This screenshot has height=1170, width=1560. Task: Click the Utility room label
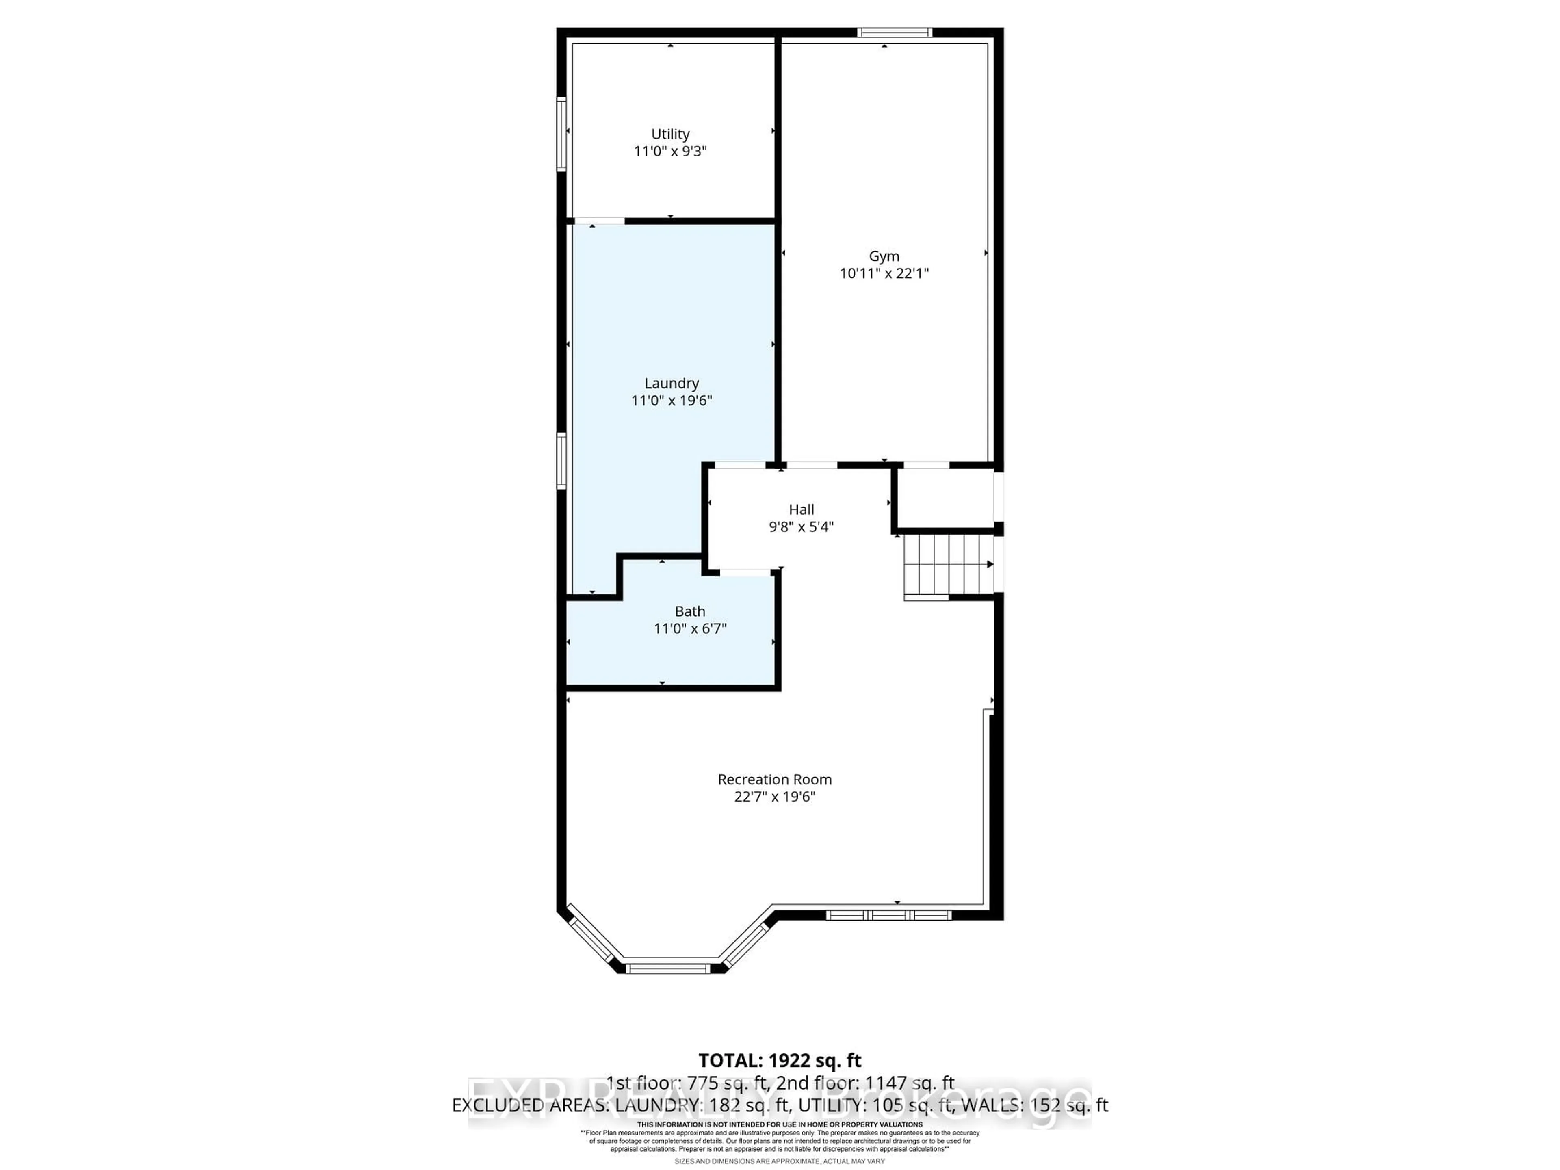point(670,134)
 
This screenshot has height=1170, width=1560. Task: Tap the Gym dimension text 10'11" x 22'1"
point(884,274)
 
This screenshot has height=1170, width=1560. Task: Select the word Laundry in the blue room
point(672,383)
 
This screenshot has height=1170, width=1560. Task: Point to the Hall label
point(801,509)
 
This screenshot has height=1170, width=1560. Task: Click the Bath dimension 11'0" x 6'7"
point(690,628)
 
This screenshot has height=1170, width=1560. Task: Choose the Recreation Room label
point(774,779)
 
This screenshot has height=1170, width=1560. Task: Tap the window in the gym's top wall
point(894,32)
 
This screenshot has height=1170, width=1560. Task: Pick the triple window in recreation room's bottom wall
point(888,915)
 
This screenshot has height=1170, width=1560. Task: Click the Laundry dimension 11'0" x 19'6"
point(672,401)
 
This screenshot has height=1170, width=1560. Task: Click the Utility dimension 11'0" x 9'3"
point(670,151)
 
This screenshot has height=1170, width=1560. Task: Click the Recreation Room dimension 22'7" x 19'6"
point(774,797)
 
